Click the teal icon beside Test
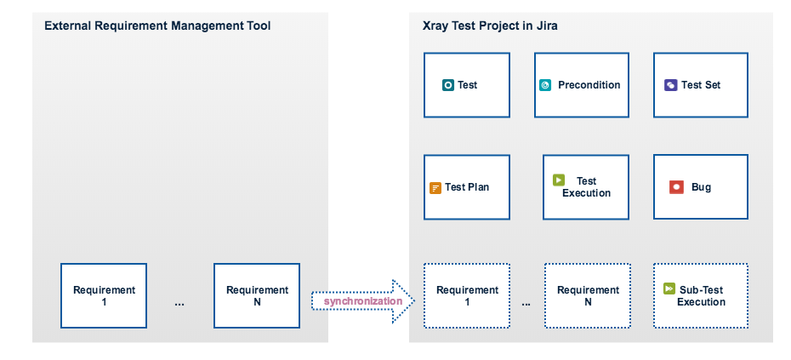[x=448, y=85]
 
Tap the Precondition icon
[x=545, y=85]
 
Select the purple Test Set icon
[x=670, y=85]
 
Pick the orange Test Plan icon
[x=435, y=188]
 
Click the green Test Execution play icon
[x=559, y=180]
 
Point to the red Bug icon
[x=676, y=187]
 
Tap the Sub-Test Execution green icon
[x=669, y=289]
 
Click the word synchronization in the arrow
[x=362, y=301]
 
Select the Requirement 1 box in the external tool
[x=104, y=295]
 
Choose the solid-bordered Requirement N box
[x=257, y=295]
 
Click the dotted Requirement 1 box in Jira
[x=467, y=295]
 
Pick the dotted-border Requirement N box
[x=588, y=295]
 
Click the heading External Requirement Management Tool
[x=157, y=26]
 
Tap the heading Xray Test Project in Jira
[x=490, y=26]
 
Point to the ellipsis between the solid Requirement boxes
[x=179, y=304]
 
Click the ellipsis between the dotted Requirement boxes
[x=526, y=304]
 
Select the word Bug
[x=701, y=187]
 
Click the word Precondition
[x=589, y=85]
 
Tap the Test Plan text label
[x=467, y=187]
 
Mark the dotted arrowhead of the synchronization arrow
[x=403, y=301]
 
